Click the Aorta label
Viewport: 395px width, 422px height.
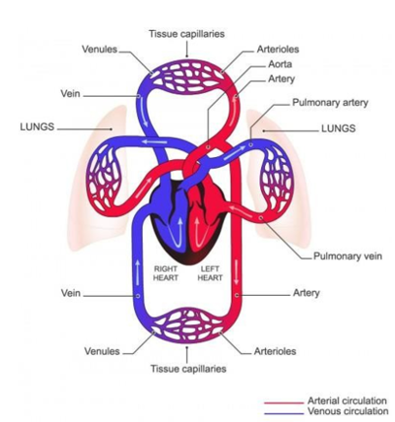(x=280, y=64)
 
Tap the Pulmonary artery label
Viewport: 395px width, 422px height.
(x=330, y=103)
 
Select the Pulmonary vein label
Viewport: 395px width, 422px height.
(x=347, y=256)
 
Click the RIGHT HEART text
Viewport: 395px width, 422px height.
(x=166, y=274)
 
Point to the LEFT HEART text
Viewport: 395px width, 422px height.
(x=210, y=274)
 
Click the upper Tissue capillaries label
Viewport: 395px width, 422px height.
(x=186, y=34)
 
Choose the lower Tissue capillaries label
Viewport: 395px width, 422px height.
(x=188, y=369)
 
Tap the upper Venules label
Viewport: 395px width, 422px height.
(x=100, y=49)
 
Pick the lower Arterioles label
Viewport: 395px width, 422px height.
(x=275, y=351)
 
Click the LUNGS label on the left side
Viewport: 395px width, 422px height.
(x=37, y=127)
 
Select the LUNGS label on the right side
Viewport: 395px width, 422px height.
(x=339, y=128)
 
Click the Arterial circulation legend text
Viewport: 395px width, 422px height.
(x=347, y=401)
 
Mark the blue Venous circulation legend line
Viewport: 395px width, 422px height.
(x=284, y=413)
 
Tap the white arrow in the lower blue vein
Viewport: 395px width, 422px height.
(x=138, y=273)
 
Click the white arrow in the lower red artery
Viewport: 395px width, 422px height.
(x=236, y=272)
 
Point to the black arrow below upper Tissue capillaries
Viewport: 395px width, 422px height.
(x=186, y=50)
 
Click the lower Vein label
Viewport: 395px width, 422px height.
(x=71, y=293)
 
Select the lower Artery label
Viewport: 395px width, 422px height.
(x=306, y=293)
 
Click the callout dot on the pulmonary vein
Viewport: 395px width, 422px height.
(x=261, y=218)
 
